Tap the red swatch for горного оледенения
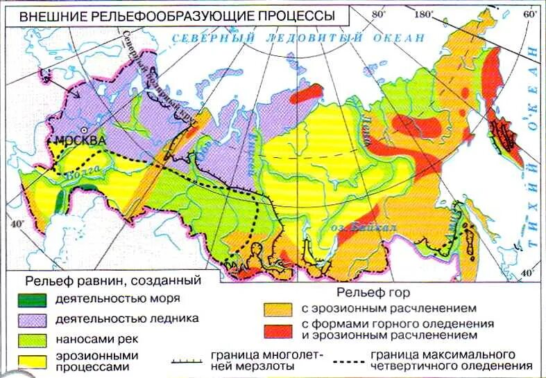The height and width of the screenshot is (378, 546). pyautogui.click(x=278, y=330)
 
